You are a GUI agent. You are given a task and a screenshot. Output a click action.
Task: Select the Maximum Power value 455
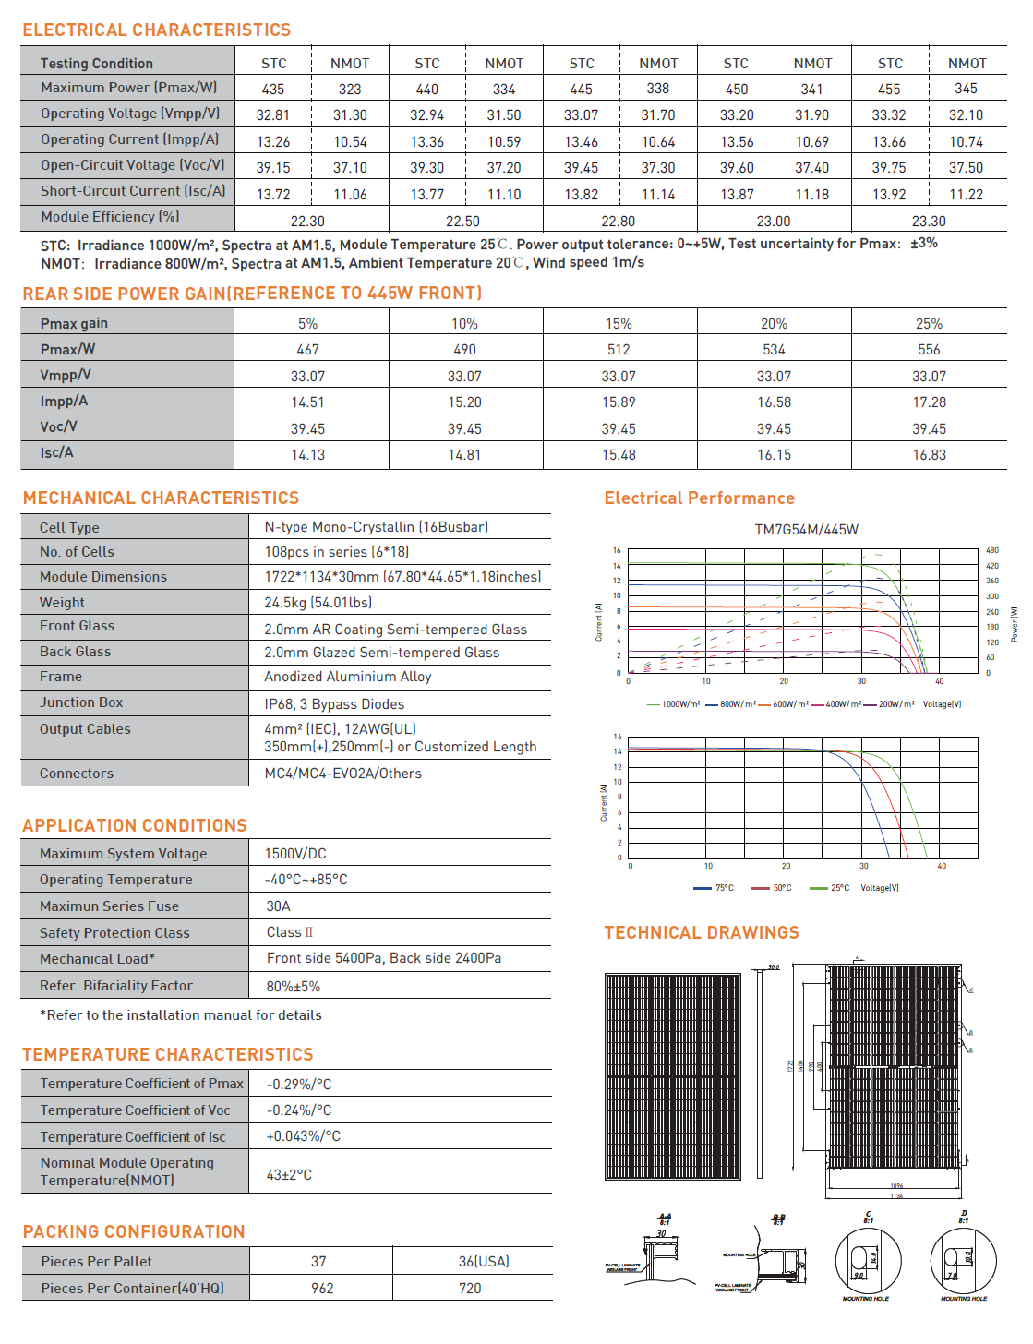click(x=889, y=90)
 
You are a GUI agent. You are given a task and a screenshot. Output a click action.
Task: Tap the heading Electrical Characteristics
click(x=157, y=30)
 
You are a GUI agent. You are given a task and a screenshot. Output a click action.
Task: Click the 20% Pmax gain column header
click(x=774, y=324)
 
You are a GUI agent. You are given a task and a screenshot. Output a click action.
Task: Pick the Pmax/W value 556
click(x=929, y=350)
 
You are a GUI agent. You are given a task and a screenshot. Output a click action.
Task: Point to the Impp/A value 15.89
click(x=619, y=402)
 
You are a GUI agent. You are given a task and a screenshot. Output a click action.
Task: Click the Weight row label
click(x=62, y=603)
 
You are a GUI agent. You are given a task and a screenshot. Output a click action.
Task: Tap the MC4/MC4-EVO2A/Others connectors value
click(x=342, y=774)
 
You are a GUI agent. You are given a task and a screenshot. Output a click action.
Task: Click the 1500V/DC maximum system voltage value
click(x=295, y=854)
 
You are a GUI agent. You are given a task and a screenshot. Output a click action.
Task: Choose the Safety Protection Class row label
click(x=114, y=933)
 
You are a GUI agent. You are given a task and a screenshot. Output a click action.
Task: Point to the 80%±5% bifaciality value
click(x=294, y=987)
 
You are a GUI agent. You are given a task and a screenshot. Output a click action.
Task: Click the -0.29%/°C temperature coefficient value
click(x=299, y=1085)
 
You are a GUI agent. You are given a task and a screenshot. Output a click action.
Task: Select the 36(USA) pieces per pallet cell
click(x=484, y=1262)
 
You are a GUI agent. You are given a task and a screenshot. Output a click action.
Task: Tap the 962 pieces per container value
click(x=322, y=1289)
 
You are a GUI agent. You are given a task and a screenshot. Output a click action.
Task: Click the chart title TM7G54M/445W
click(x=806, y=530)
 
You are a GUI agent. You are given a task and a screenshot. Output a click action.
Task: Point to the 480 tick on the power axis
click(x=992, y=550)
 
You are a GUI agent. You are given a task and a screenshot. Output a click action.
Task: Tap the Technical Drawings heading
click(x=702, y=933)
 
